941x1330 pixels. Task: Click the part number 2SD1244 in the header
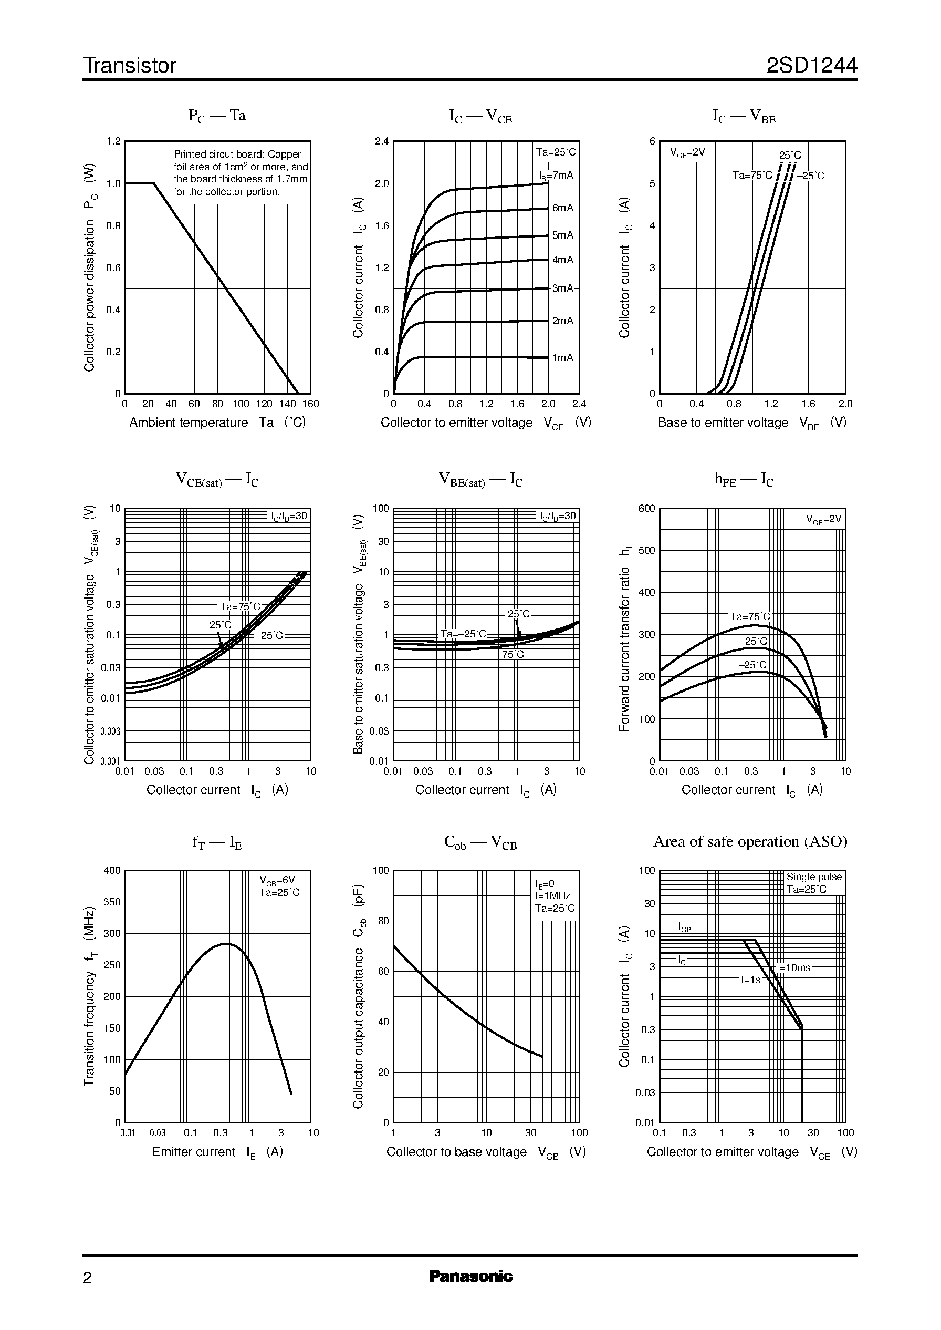811,66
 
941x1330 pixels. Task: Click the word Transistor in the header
130,66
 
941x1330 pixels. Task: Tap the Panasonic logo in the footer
470,1276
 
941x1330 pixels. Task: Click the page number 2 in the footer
88,1278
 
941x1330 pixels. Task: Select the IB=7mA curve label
556,175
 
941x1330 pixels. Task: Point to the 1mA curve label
562,358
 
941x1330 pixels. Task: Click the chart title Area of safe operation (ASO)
750,841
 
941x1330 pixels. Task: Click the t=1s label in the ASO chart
750,980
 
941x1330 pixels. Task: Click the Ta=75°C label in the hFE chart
750,616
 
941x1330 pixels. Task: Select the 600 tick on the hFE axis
646,509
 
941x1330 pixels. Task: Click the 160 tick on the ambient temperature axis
310,404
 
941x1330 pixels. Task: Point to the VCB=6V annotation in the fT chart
277,880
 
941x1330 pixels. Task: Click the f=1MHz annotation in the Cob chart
553,896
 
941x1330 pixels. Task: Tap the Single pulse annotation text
813,877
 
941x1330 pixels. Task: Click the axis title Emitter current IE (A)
217,1152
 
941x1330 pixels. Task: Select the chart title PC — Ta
217,116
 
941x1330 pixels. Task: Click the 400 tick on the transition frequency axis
112,870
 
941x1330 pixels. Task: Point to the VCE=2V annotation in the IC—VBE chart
687,152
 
